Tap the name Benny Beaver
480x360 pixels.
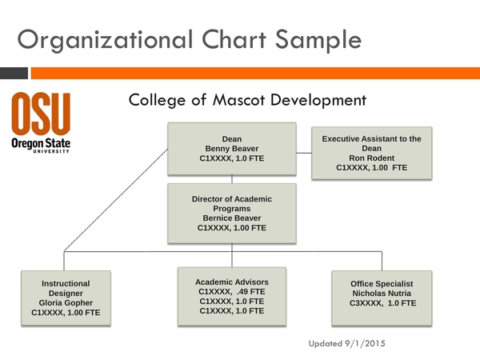pyautogui.click(x=231, y=149)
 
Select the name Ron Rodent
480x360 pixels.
pyautogui.click(x=371, y=158)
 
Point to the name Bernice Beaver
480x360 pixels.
pyautogui.click(x=231, y=218)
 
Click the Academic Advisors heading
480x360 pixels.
pyautogui.click(x=231, y=282)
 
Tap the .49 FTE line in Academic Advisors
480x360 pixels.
pyautogui.click(x=231, y=292)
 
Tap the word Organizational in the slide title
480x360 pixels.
pyautogui.click(x=102, y=38)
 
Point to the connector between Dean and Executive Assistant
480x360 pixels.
pyautogui.click(x=303, y=150)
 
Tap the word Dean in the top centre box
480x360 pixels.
pyautogui.click(x=231, y=139)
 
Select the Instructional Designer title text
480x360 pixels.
pyautogui.click(x=66, y=289)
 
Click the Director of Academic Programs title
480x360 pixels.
pyautogui.click(x=231, y=203)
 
